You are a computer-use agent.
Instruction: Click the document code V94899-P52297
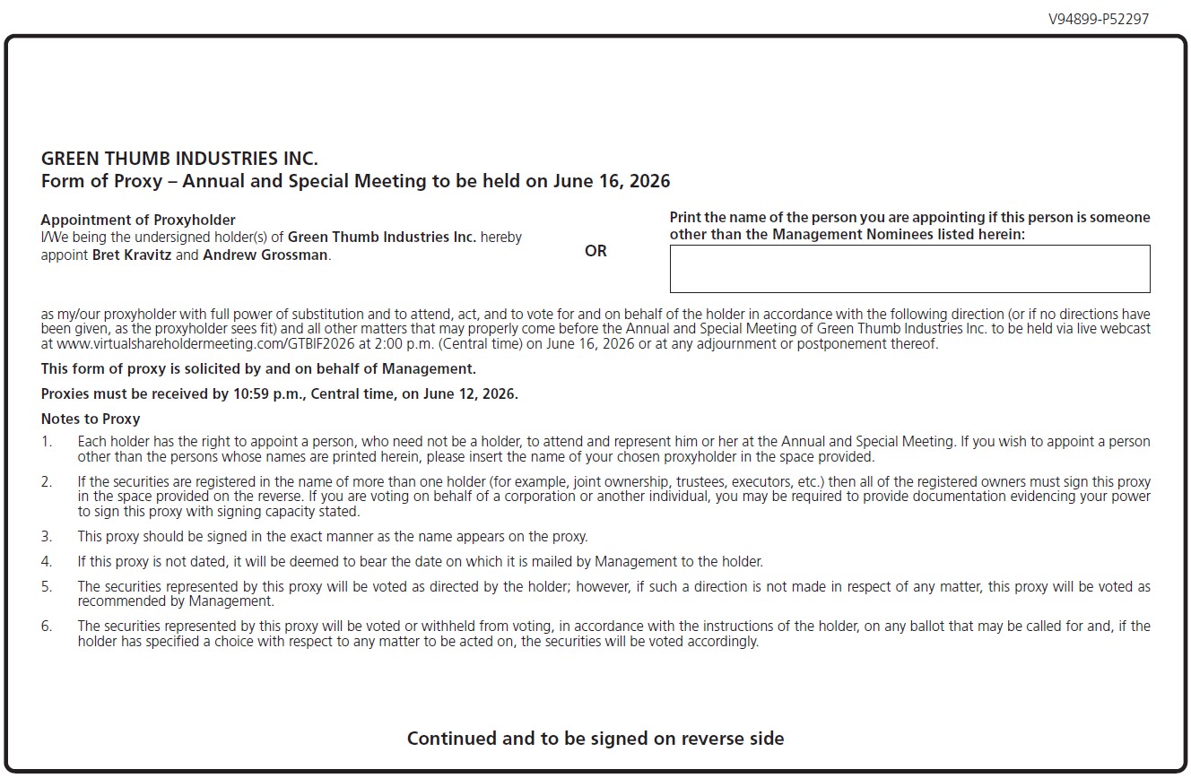[x=1098, y=19]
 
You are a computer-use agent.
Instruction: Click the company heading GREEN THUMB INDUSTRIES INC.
[x=179, y=159]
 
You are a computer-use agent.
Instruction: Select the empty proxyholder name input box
[x=909, y=269]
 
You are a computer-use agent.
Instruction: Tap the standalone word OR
[x=595, y=251]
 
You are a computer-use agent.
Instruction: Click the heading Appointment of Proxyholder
[x=138, y=220]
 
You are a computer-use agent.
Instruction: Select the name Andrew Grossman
[x=265, y=255]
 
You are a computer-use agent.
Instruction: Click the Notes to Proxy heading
[x=91, y=419]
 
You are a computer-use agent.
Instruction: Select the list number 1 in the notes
[x=47, y=441]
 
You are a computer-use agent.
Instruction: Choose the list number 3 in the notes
[x=47, y=537]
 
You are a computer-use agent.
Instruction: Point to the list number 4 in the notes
[x=47, y=562]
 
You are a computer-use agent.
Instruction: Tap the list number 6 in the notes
[x=47, y=626]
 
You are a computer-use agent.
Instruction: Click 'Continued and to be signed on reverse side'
[x=595, y=739]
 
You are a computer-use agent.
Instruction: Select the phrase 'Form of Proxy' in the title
[x=100, y=181]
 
